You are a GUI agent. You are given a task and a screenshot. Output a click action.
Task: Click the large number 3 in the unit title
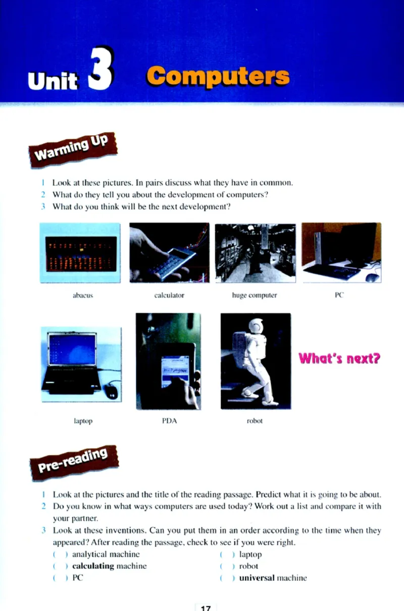point(100,68)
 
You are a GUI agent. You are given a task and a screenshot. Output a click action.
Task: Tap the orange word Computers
point(218,76)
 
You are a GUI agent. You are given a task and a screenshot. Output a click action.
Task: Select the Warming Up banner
point(73,149)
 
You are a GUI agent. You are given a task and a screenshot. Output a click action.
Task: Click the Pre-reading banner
point(74,463)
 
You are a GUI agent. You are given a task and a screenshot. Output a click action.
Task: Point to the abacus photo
point(80,253)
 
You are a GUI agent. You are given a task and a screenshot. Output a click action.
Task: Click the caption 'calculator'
point(169,295)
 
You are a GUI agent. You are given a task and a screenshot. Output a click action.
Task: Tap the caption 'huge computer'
point(255,295)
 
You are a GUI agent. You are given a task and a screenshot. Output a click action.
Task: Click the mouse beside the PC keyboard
point(372,277)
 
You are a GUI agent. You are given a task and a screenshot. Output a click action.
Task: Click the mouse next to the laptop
point(112,392)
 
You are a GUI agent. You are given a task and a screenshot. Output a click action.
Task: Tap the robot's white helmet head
point(257,326)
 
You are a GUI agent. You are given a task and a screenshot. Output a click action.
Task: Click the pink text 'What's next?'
point(339,358)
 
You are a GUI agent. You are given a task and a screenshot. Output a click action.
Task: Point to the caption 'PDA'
point(170,421)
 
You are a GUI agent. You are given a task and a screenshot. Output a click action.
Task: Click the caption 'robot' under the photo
point(255,421)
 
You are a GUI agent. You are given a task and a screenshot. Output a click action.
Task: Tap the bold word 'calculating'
point(93,566)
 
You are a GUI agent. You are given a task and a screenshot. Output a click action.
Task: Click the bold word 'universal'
point(257,578)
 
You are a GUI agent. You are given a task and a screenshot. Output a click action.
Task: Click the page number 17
point(206,608)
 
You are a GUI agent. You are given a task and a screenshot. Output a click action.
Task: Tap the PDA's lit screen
point(175,371)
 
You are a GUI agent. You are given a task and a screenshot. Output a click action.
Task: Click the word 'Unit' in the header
point(53,81)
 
